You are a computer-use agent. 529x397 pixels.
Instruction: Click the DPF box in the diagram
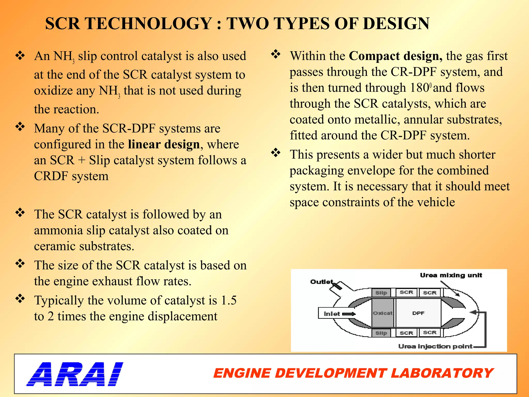coord(418,313)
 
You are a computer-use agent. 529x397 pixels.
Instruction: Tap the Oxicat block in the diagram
coord(383,313)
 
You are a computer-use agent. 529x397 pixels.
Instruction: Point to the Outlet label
coord(322,281)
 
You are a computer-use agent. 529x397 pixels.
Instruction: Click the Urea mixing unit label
coord(451,275)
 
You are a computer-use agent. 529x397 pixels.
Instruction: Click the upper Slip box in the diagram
coord(381,293)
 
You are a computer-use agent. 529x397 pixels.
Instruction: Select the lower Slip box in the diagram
coord(381,333)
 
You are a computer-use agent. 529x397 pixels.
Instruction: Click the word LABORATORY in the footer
coord(442,373)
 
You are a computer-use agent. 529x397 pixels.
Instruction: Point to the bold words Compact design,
coord(395,56)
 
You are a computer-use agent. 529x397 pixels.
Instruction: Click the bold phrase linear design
coord(164,144)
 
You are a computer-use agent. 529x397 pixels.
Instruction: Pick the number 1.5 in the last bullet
coord(229,300)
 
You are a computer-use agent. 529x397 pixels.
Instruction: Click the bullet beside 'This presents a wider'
coord(276,153)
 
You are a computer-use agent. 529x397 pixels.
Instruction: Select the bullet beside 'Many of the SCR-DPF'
coord(20,127)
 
